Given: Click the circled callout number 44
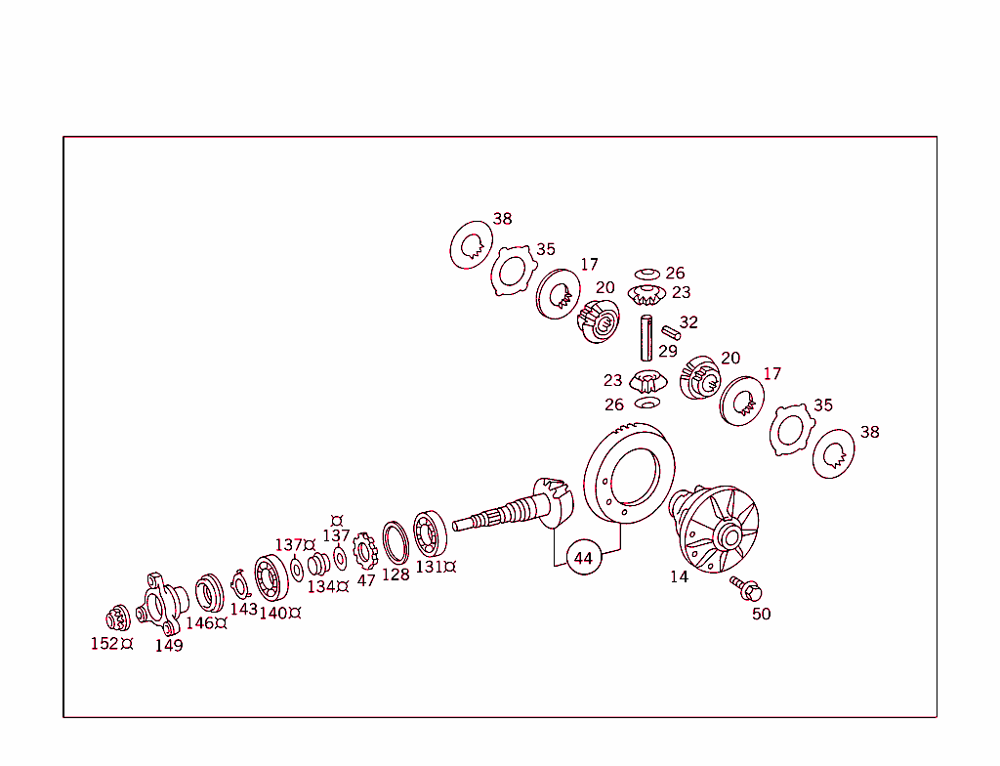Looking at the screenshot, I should tap(583, 558).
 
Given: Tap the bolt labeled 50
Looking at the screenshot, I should tap(749, 589).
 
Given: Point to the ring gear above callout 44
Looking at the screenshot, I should tap(631, 478).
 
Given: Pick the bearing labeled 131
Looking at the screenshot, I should tap(430, 533).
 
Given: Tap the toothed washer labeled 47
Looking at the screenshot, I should tap(365, 552).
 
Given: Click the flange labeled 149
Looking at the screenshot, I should tap(160, 603).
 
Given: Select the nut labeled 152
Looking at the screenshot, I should tap(116, 618).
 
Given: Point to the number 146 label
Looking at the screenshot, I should tap(200, 623).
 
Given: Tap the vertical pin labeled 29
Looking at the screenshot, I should tap(646, 338).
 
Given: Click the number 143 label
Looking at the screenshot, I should tap(244, 609).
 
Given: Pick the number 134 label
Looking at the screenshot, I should tap(321, 586).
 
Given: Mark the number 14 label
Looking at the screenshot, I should tap(679, 577).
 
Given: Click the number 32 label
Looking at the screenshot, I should tap(688, 321).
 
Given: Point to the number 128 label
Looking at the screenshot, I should tap(396, 574).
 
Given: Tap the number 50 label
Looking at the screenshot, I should tap(761, 614).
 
